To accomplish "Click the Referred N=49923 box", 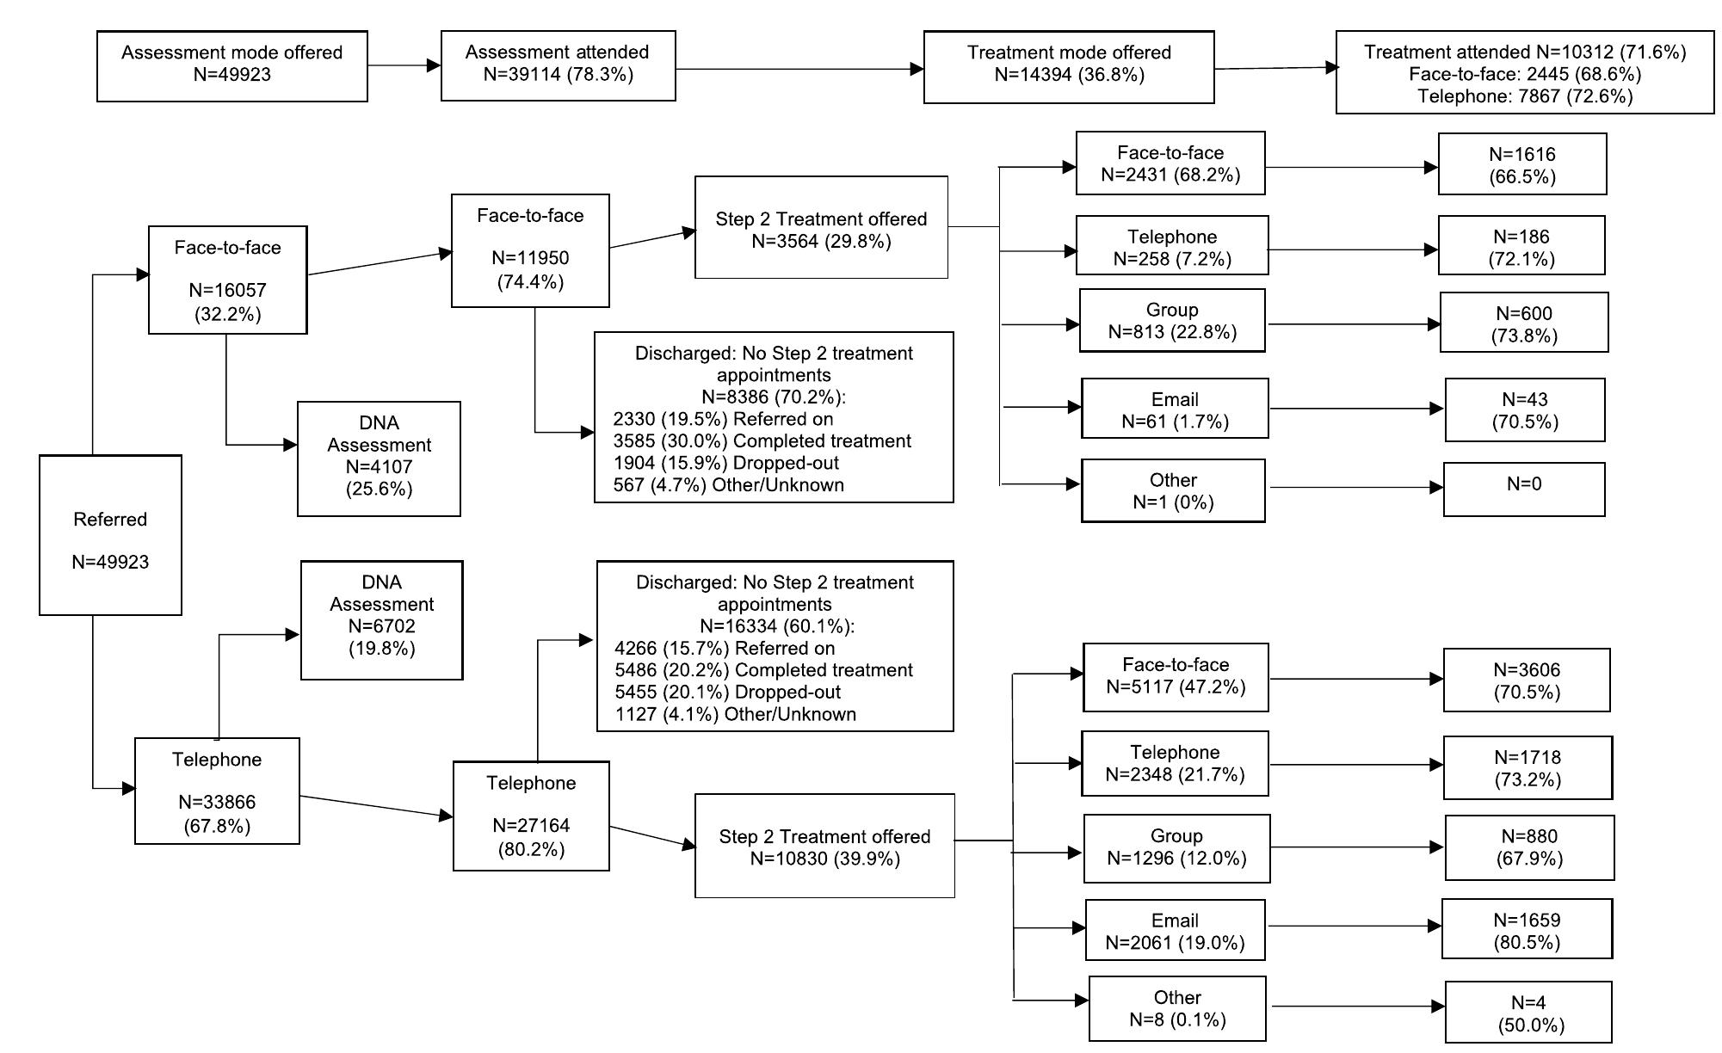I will (x=110, y=535).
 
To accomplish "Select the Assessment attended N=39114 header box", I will (x=558, y=65).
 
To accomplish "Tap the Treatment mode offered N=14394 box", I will (x=1069, y=66).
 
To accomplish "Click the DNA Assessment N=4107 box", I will (x=379, y=459).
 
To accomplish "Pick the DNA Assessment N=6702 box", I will (x=381, y=619).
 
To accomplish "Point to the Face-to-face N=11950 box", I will (x=530, y=250).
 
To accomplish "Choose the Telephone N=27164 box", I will (x=531, y=816).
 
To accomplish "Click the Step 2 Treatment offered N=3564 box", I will (x=821, y=228).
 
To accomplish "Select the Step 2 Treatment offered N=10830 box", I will (x=824, y=846).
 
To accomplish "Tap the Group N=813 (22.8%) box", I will (x=1172, y=321).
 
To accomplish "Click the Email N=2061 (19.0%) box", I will (x=1175, y=930).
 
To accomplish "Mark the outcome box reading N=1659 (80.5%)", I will (x=1527, y=929).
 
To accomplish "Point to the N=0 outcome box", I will (x=1523, y=489).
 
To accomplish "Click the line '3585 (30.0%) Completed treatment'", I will (x=762, y=441).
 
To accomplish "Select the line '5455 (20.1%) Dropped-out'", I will (x=727, y=693).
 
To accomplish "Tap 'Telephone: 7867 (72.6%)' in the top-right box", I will (x=1524, y=96).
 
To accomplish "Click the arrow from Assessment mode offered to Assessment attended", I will (x=404, y=65).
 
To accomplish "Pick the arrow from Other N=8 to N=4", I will (x=1355, y=1006).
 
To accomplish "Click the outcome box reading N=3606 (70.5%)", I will (x=1526, y=680).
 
